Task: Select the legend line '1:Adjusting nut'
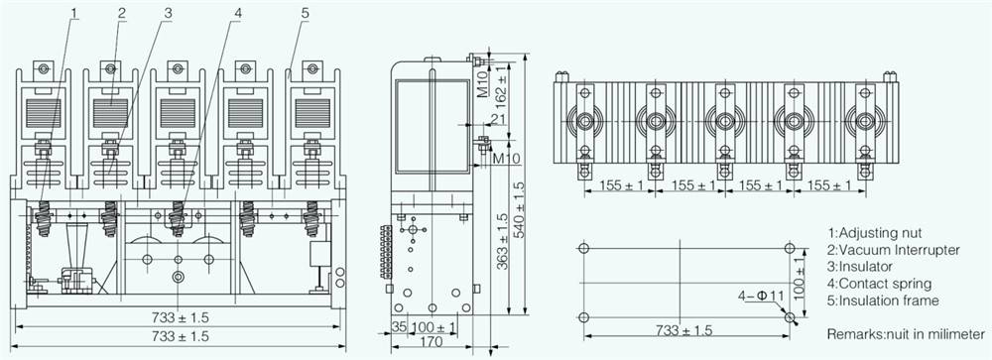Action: [x=874, y=233]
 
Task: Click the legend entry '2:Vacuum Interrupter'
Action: [x=894, y=250]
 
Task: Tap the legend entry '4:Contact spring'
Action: [x=879, y=284]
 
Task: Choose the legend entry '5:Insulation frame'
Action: [x=883, y=300]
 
